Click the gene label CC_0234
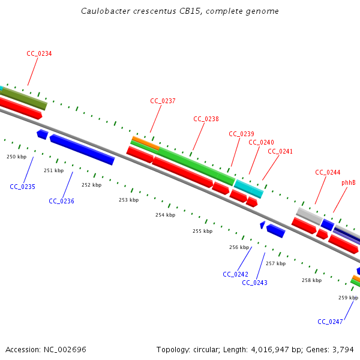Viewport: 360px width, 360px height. [39, 53]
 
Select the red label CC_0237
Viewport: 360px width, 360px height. [163, 101]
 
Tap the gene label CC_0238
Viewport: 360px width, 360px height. [206, 119]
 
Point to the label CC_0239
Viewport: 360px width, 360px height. [242, 134]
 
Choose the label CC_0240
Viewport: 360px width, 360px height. [261, 142]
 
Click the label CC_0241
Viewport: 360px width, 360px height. [280, 151]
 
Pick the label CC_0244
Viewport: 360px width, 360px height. [328, 172]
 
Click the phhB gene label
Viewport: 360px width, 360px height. [349, 182]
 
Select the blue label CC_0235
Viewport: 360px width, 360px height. [22, 187]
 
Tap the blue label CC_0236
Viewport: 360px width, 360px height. [61, 201]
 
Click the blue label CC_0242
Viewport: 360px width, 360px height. [235, 274]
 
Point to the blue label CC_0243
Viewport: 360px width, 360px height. [254, 283]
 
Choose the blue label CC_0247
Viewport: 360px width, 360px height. [330, 322]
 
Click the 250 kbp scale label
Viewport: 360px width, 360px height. [16, 157]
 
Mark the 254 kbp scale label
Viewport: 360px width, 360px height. [165, 215]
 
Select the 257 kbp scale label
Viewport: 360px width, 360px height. [275, 263]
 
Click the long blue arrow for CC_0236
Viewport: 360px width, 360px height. [82, 149]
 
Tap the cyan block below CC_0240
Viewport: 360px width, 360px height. [248, 188]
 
